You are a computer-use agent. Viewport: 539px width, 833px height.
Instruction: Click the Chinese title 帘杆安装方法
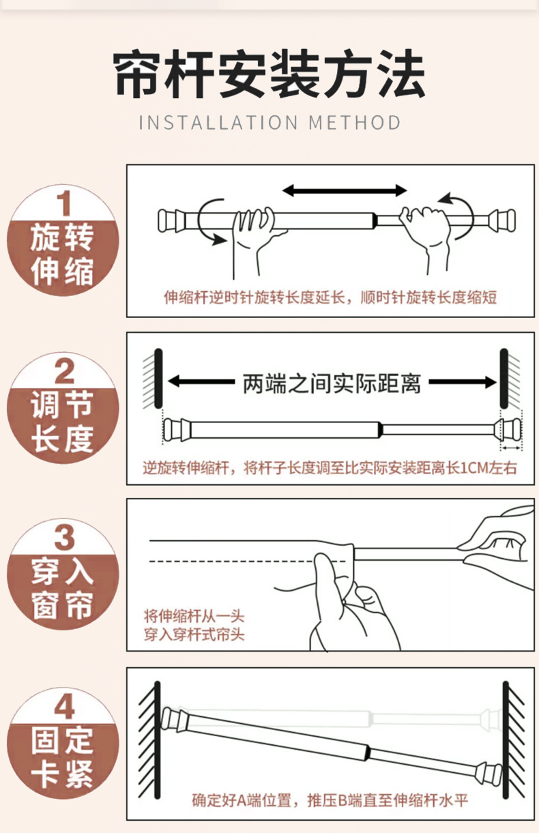point(269,74)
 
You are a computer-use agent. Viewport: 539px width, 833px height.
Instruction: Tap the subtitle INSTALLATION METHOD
point(269,123)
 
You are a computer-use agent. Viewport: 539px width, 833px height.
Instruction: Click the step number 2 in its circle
point(64,371)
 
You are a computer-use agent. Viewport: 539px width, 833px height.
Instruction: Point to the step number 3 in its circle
point(64,538)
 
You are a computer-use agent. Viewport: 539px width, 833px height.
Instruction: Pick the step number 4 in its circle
point(64,707)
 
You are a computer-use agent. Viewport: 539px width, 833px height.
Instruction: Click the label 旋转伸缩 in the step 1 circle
point(62,254)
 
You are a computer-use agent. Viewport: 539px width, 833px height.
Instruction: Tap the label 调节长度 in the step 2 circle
point(62,422)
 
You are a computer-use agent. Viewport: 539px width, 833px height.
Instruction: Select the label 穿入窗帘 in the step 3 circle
point(62,589)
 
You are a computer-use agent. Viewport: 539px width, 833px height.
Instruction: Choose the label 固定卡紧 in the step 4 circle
point(62,758)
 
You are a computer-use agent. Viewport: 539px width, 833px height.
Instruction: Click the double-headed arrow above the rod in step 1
point(345,190)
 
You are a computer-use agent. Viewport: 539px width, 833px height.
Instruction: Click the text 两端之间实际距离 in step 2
point(332,383)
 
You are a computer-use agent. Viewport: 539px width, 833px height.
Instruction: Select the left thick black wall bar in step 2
point(158,379)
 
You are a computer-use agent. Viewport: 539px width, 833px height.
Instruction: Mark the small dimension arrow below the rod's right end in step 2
point(512,448)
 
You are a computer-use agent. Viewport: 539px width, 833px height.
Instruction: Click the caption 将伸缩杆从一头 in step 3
point(194,617)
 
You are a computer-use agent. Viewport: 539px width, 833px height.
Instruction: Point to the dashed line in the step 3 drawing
point(248,561)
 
